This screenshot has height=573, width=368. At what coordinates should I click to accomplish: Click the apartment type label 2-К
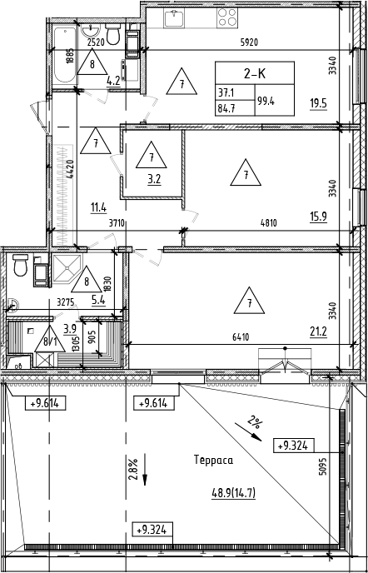[x=241, y=72]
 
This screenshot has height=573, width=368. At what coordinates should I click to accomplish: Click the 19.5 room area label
[x=318, y=104]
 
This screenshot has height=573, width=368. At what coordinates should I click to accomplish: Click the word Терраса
[x=212, y=460]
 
